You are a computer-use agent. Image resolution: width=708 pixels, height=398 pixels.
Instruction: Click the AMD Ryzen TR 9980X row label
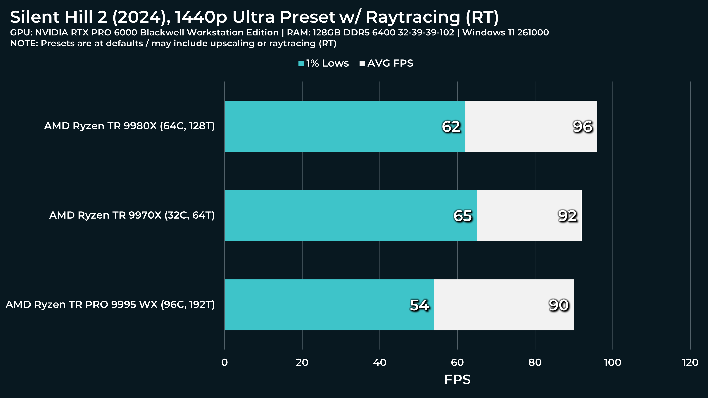click(129, 126)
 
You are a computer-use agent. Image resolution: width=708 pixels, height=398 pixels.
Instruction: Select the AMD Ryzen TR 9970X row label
click(132, 215)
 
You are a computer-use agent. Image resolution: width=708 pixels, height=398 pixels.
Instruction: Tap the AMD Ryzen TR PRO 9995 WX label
click(110, 304)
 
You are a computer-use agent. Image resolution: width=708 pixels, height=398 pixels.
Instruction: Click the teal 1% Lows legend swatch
click(301, 64)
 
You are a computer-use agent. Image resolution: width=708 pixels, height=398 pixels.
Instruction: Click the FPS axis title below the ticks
click(457, 380)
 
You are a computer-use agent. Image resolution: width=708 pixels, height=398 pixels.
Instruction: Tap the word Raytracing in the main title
click(413, 17)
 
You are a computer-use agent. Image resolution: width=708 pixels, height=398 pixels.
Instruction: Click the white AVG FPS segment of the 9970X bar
click(529, 215)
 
